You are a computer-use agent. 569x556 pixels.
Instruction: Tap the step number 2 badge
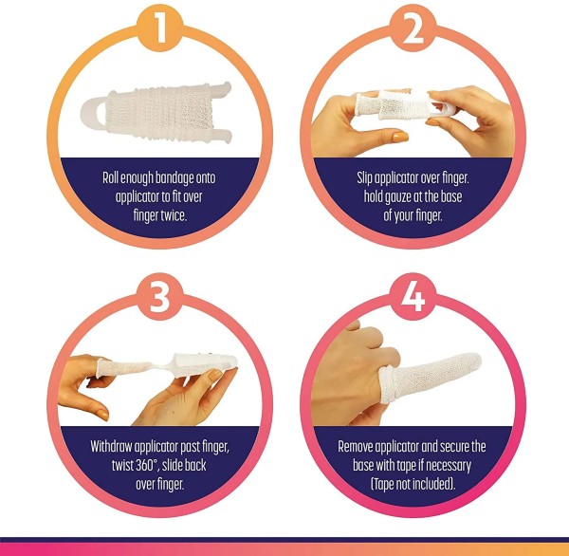point(410,28)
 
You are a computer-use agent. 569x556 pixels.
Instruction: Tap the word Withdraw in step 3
point(115,445)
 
